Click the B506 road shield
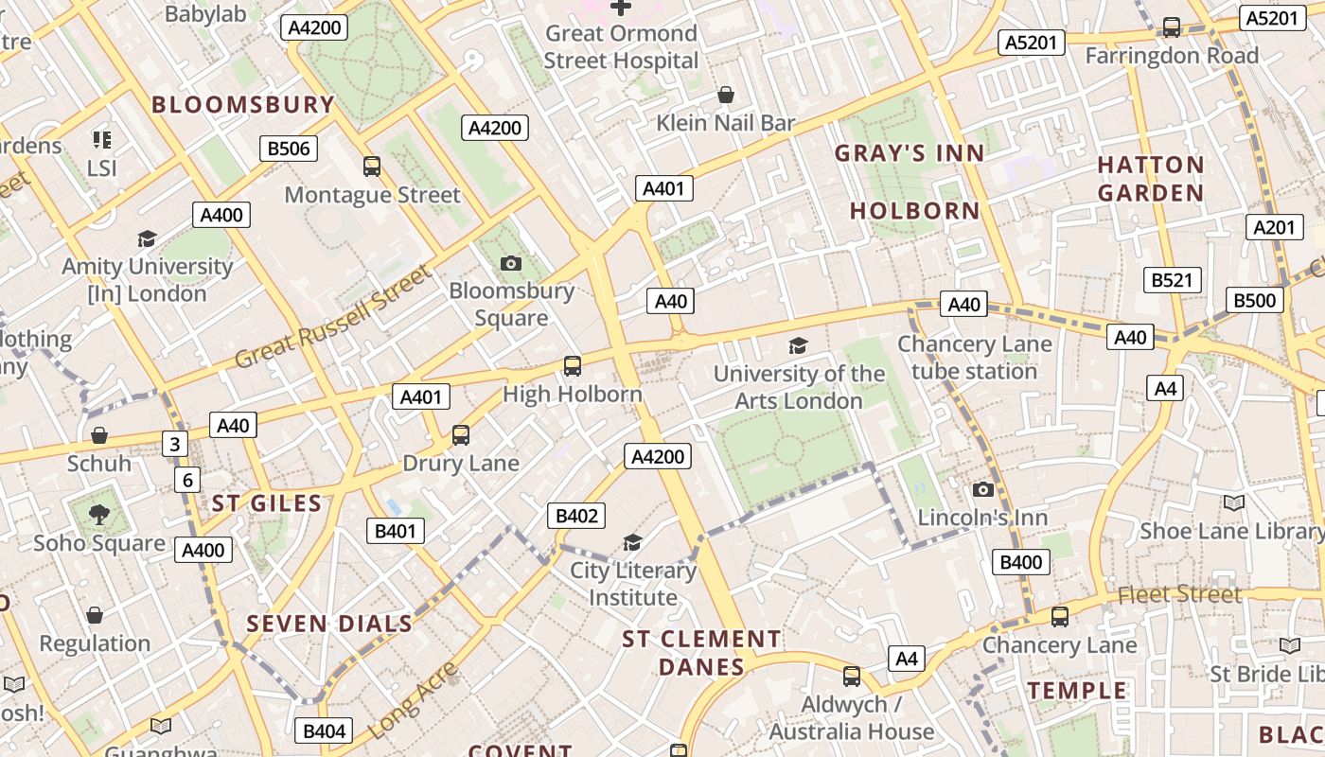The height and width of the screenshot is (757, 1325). click(289, 149)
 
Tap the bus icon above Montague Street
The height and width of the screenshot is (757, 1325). click(372, 167)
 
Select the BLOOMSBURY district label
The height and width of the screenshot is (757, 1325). click(243, 104)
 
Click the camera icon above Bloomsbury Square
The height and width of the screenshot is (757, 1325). click(511, 263)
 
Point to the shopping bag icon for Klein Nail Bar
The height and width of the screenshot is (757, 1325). click(726, 95)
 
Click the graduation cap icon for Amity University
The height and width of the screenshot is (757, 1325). click(147, 238)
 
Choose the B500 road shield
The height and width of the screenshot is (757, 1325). click(1255, 301)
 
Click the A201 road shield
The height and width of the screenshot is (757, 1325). click(1273, 227)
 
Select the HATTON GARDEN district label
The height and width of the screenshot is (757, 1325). click(1150, 179)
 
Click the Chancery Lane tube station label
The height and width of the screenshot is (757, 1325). click(975, 358)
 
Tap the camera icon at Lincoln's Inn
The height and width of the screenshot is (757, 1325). click(983, 489)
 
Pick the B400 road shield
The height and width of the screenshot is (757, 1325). click(1021, 562)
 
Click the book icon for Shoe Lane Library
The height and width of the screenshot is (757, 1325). click(1233, 502)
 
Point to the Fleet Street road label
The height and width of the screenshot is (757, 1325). click(1178, 594)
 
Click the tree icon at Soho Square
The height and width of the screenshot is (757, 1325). click(99, 515)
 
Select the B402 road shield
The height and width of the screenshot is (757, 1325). click(576, 516)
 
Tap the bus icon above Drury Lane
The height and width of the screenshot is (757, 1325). click(461, 435)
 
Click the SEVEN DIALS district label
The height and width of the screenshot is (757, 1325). click(329, 624)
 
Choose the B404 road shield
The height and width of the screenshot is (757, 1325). click(324, 731)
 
